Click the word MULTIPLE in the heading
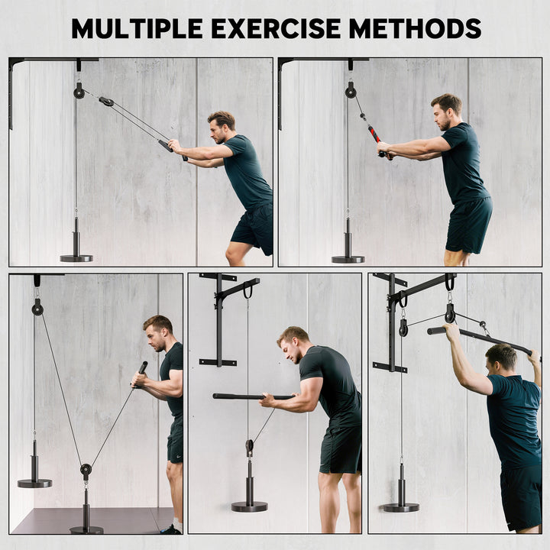click(138, 28)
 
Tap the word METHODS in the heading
click(416, 28)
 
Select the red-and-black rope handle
click(374, 134)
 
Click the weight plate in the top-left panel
click(76, 257)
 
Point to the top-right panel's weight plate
click(348, 258)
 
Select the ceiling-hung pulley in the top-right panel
click(350, 91)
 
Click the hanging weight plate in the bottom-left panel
click(35, 482)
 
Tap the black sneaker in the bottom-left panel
click(172, 529)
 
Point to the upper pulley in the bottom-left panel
click(37, 308)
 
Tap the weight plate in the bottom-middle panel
click(250, 506)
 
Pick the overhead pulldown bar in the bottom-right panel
click(481, 338)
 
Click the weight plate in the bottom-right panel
click(401, 506)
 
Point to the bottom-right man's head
click(501, 357)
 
